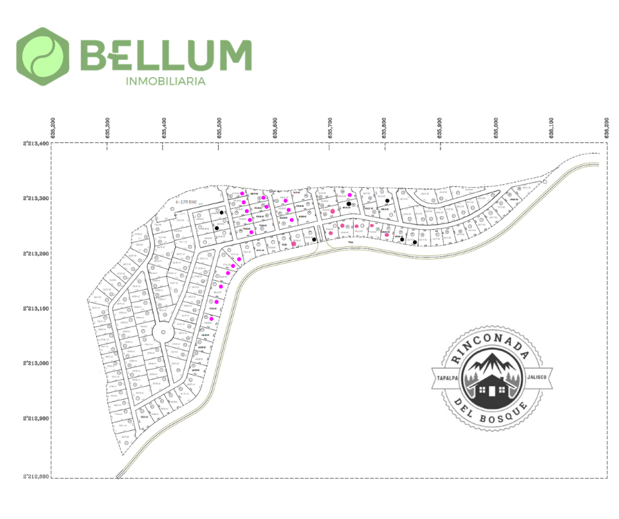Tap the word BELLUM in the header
(x=165, y=55)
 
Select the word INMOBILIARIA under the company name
(x=165, y=82)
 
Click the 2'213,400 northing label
(x=36, y=143)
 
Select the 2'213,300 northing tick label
(x=36, y=198)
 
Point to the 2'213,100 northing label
(x=36, y=308)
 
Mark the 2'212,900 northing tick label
(x=36, y=418)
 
